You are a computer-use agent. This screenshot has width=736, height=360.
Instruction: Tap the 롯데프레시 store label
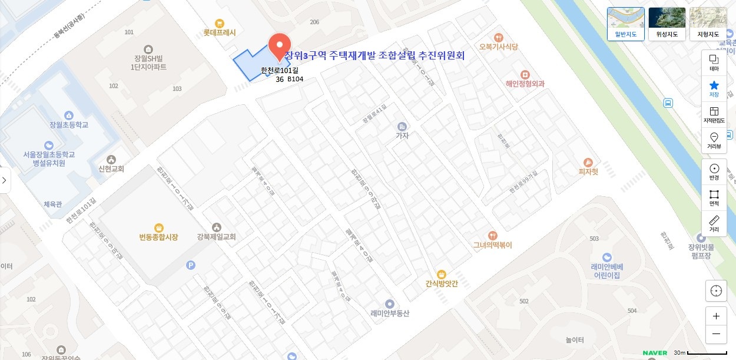click(220, 32)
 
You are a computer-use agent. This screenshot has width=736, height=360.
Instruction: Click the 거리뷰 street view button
click(714, 141)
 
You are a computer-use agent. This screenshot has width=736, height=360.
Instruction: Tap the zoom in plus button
click(716, 316)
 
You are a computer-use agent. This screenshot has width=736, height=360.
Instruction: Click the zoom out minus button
click(716, 333)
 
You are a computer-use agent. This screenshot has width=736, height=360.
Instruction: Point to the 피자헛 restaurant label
click(588, 171)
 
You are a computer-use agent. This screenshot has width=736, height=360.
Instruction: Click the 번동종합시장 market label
click(158, 236)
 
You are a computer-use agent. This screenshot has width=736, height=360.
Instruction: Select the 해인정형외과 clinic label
click(525, 83)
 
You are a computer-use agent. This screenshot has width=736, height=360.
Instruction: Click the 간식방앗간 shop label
click(442, 283)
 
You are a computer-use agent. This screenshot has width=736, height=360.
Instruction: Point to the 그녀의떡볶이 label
click(493, 245)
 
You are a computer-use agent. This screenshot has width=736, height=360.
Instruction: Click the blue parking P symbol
click(190, 265)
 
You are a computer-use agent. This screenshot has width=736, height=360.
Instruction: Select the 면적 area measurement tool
click(714, 197)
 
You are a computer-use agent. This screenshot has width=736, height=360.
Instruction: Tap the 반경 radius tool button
click(714, 171)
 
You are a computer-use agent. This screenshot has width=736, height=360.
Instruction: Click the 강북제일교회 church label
click(217, 236)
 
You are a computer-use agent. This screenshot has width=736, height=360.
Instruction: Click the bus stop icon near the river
click(668, 103)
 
